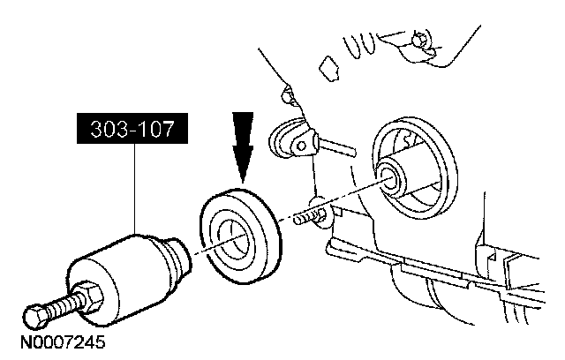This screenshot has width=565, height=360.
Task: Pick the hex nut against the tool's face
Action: pos(89,292)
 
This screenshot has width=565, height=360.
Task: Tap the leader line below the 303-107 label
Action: pos(134,191)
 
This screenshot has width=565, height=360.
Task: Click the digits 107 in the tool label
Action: pos(155,132)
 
